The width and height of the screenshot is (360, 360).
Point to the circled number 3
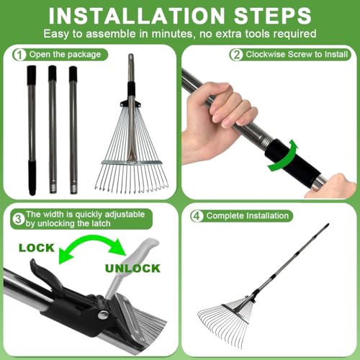point(17,215)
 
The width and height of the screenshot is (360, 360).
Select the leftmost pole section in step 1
point(32,130)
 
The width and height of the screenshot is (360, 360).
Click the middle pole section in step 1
point(53,130)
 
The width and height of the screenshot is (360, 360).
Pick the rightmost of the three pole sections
point(73,130)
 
